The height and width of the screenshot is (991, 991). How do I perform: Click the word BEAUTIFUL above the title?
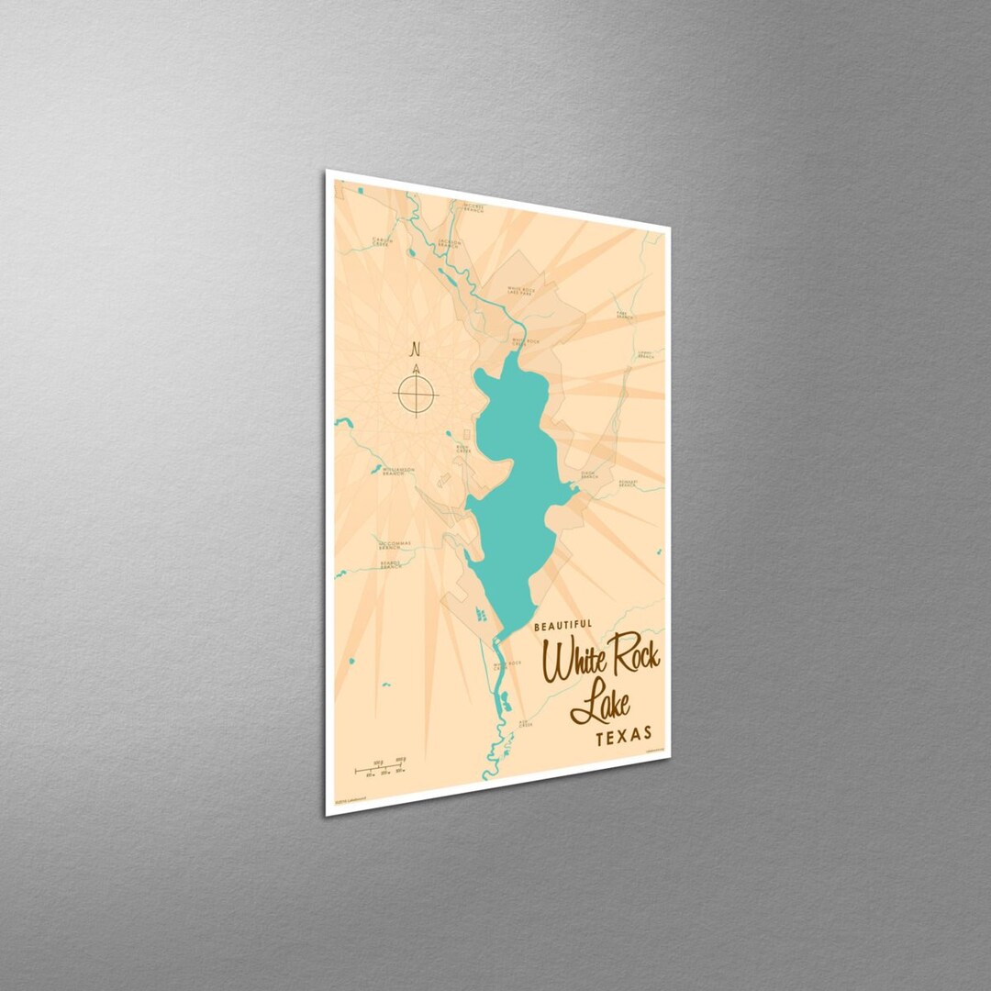pos(562,626)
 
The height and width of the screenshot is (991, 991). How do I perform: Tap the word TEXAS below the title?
pos(624,734)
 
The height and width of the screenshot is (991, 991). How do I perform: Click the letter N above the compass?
pos(415,349)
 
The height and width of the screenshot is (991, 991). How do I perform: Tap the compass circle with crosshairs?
pos(416,395)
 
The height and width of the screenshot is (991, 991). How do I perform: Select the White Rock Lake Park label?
pos(520,291)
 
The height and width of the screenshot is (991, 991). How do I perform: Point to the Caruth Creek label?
pos(382,242)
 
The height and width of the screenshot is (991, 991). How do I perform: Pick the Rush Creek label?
pos(464,449)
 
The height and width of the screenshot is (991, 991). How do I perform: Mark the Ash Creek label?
pos(525,722)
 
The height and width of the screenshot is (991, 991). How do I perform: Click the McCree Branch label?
pos(474,206)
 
